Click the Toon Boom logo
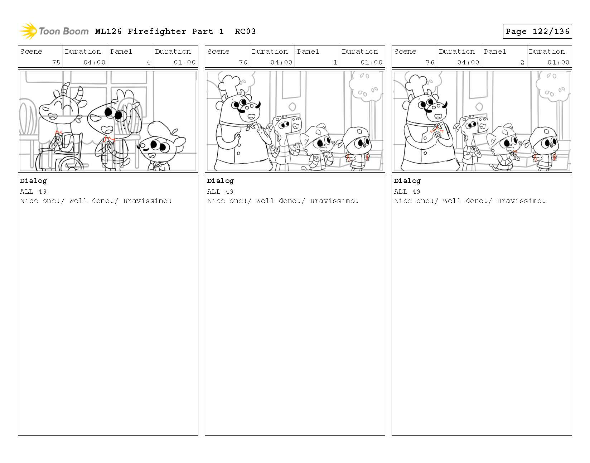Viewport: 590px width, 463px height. coord(54,31)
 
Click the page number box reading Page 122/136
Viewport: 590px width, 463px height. coord(537,32)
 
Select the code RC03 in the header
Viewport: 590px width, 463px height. coord(245,32)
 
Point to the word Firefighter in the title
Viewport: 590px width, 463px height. coord(157,32)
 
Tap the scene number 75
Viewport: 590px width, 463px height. coord(56,62)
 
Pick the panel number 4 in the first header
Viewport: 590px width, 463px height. coord(148,62)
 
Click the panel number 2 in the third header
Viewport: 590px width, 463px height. coord(522,62)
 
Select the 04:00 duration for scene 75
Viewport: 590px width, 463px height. coord(94,62)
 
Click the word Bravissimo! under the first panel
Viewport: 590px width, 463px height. coord(147,201)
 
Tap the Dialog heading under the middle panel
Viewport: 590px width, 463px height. coord(220,181)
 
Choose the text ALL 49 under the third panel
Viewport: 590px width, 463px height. coord(407,192)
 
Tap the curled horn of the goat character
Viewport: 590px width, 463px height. coord(79,93)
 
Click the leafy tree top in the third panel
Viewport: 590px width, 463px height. coord(553,86)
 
